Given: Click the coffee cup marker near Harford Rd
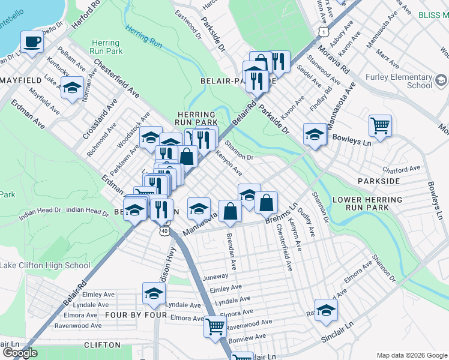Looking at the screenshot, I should [32, 42].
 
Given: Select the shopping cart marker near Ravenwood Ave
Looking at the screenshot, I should [215, 327].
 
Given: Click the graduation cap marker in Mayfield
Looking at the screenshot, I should [72, 88].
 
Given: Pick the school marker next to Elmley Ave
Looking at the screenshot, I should [154, 293].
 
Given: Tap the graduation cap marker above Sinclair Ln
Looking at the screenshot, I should [326, 310].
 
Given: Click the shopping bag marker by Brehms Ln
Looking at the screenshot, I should [266, 203].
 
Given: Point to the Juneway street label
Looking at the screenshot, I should [216, 277].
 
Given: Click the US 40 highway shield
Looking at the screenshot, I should [164, 230].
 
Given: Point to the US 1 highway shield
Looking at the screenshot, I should [324, 30].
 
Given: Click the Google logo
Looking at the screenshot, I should [19, 353].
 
